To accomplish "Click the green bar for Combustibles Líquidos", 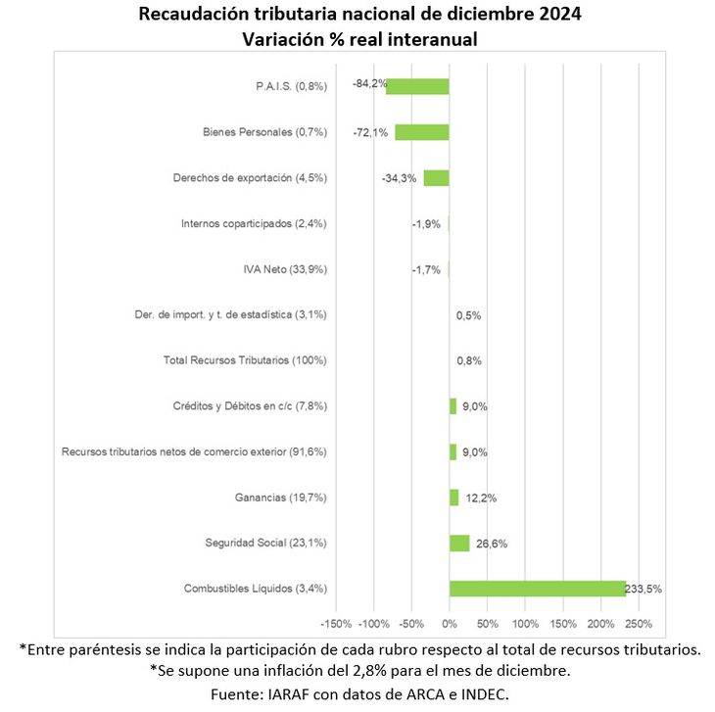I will tap(537, 589).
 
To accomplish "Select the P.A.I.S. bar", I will tap(417, 86).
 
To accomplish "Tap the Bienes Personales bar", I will tap(422, 132).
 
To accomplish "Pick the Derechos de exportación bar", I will tap(436, 178).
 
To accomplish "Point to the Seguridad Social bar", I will tap(459, 544).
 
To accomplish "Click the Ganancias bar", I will tap(453, 498).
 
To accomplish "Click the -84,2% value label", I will tap(368, 84).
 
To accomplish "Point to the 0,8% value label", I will tap(469, 360).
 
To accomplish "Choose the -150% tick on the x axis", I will tap(336, 624).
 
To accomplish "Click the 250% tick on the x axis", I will tap(639, 624).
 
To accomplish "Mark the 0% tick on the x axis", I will tap(450, 624).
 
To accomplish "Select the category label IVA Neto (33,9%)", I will tap(284, 269).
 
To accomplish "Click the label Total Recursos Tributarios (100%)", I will tap(245, 360).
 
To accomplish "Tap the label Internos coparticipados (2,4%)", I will tap(254, 223).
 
